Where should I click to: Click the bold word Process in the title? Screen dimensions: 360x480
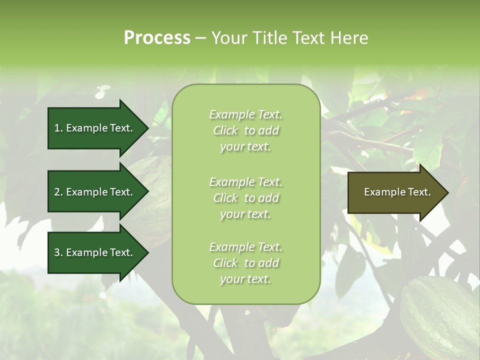tap(157, 37)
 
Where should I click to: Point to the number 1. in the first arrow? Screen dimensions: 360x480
tap(58, 128)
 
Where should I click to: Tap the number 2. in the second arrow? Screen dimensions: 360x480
tap(58, 192)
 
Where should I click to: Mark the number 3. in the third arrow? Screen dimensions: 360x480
tap(58, 252)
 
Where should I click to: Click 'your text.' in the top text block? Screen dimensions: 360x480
tap(245, 147)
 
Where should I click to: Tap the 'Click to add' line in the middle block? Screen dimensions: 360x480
tap(245, 198)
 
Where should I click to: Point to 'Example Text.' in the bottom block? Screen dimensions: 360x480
tap(245, 247)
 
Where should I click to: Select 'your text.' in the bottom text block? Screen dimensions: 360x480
tap(245, 279)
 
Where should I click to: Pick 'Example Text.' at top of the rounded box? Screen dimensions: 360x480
tap(245, 114)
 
